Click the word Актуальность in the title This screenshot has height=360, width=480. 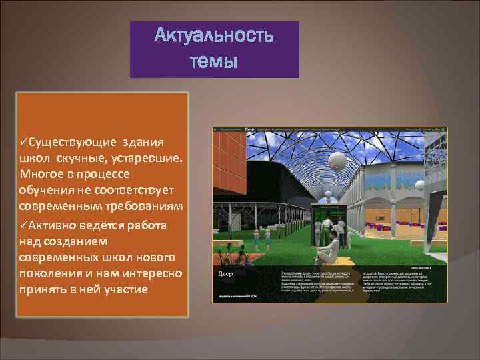213,36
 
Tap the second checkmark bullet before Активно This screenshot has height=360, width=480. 24,225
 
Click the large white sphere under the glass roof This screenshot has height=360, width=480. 338,159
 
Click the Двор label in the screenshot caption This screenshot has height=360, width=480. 225,274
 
